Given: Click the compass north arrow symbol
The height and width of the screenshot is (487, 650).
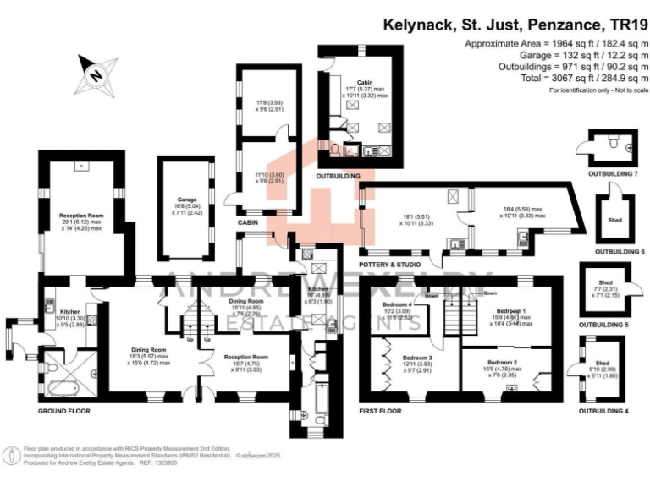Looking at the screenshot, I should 95,73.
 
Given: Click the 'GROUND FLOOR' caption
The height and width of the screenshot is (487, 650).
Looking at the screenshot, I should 64,411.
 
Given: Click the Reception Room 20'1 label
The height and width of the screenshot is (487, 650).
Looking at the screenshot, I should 80,216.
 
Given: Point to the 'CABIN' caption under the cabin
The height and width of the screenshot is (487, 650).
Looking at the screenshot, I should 248,222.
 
